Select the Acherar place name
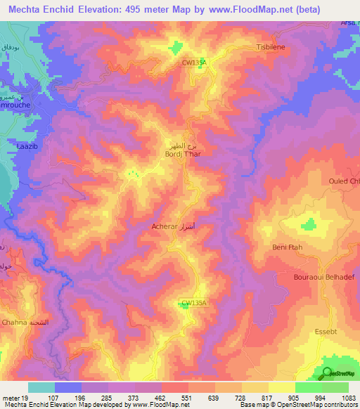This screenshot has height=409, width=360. click(165, 227)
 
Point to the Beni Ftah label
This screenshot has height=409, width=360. click(287, 247)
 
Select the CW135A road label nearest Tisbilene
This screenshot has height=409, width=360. click(195, 63)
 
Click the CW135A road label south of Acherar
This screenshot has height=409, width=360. click(194, 303)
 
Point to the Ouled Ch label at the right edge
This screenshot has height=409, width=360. click(344, 181)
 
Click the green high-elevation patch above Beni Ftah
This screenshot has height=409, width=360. click(308, 224)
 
